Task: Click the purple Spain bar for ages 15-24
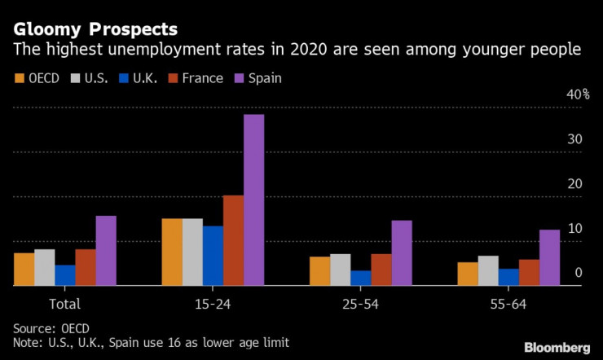(253, 200)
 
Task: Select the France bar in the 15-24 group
(233, 240)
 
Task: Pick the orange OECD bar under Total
(24, 269)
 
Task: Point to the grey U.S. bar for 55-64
(488, 270)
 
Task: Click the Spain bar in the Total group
(106, 250)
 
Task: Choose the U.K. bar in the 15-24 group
(213, 255)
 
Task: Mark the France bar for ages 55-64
(529, 272)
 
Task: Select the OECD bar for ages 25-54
(319, 270)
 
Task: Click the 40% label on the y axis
(579, 94)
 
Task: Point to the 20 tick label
(575, 184)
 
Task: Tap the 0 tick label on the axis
(579, 273)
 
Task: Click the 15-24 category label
(213, 304)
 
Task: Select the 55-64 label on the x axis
(508, 304)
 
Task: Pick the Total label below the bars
(65, 304)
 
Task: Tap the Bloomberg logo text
(557, 346)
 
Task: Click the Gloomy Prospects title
(95, 29)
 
